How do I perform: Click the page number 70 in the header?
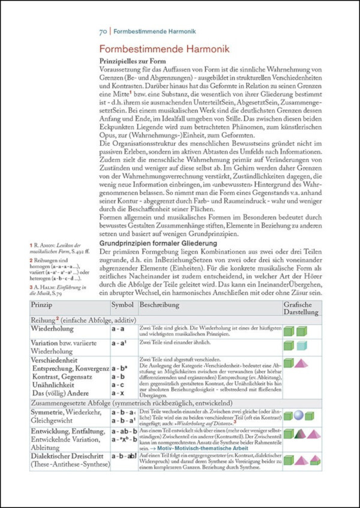click(x=103, y=29)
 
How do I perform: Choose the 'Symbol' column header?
click(x=122, y=306)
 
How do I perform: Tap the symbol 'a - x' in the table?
click(x=118, y=393)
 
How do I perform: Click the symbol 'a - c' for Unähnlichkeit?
click(x=118, y=384)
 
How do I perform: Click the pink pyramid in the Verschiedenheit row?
click(x=301, y=362)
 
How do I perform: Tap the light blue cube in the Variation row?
click(x=301, y=345)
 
